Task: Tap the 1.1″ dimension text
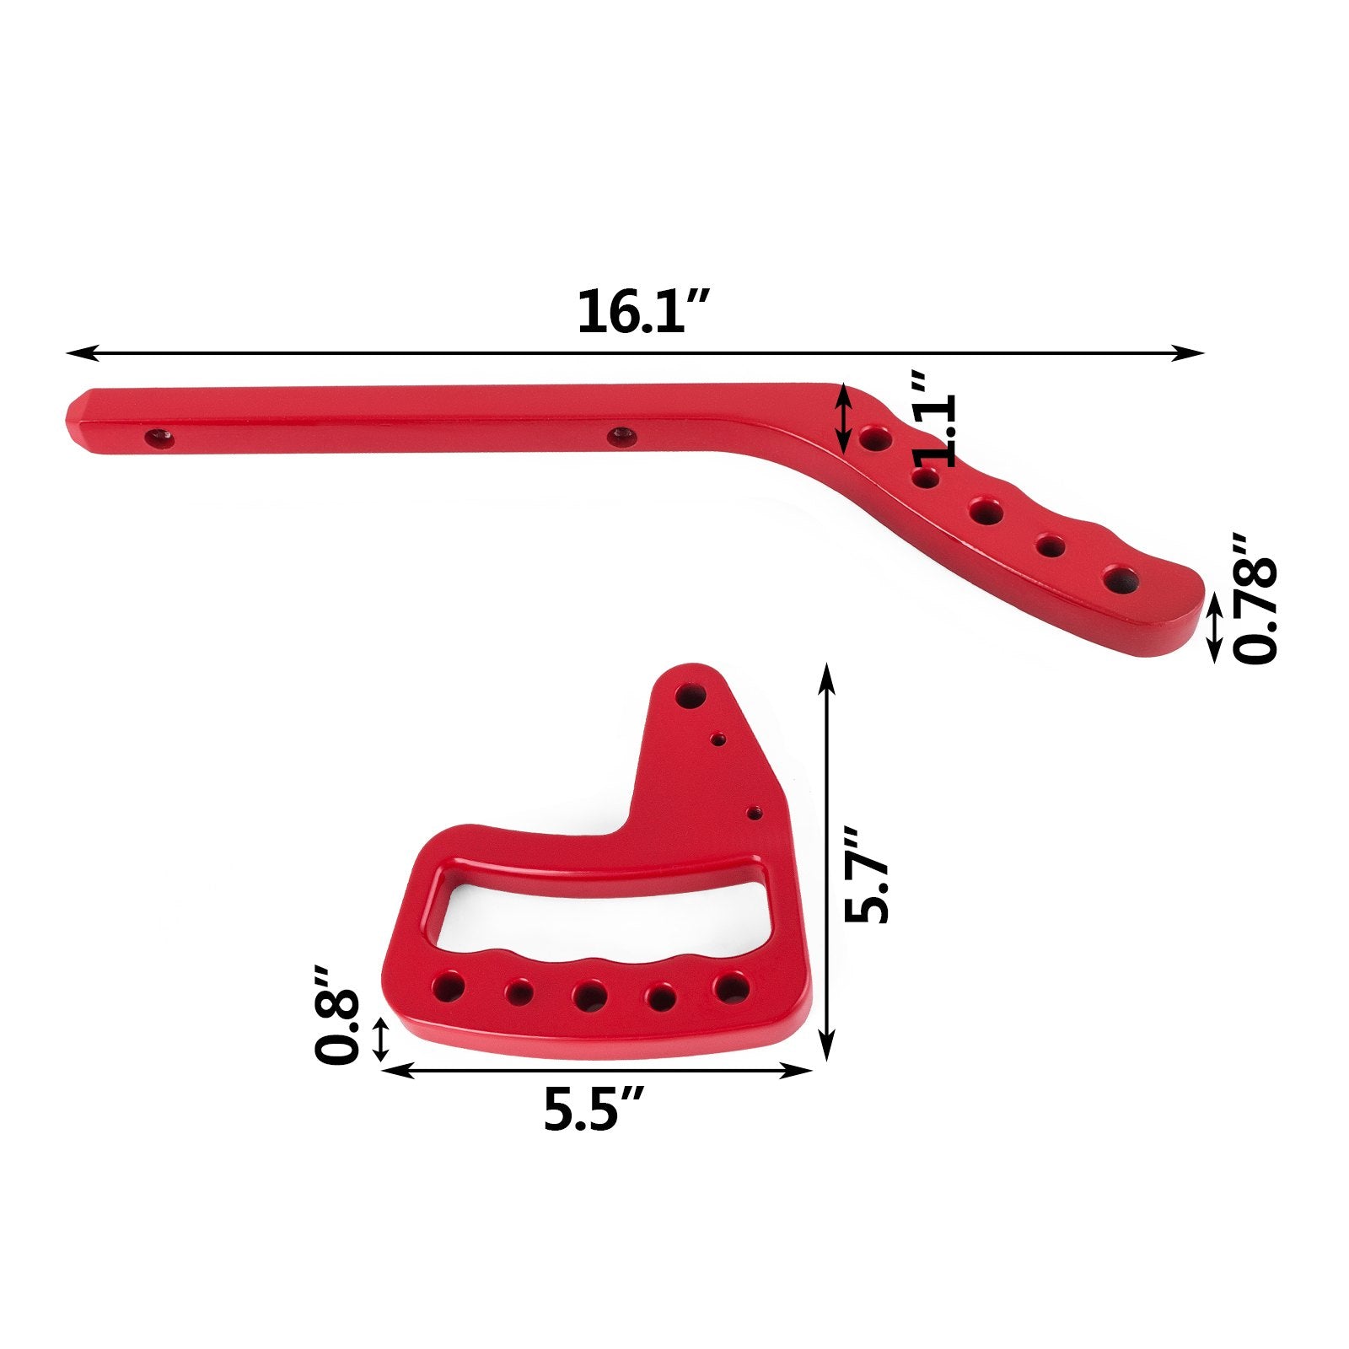[936, 419]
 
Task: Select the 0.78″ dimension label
[1255, 599]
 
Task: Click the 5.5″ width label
[594, 1110]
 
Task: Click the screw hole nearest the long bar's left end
[158, 438]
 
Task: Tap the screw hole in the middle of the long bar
[621, 436]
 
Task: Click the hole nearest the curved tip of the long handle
[1121, 579]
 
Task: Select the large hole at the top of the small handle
[691, 696]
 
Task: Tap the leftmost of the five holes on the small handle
[448, 986]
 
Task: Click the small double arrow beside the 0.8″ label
[381, 1039]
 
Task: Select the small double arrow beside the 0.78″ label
[1214, 626]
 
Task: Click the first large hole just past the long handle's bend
[875, 438]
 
